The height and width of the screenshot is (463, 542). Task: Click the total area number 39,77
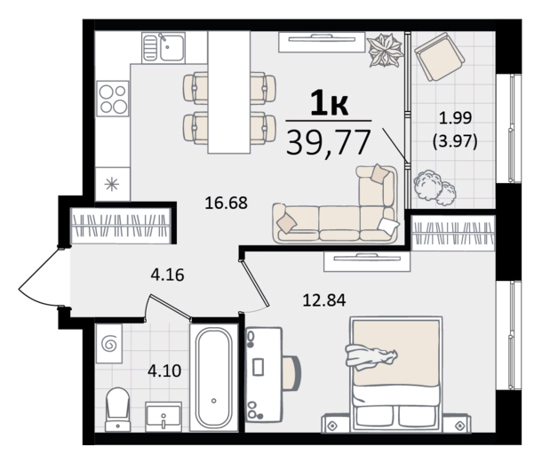[x=329, y=142]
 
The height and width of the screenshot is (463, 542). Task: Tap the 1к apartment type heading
[x=329, y=102]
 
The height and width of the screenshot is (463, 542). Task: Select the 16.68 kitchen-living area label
[x=226, y=203]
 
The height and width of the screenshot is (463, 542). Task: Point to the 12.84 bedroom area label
[x=324, y=300]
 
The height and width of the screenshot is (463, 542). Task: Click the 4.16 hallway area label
[x=167, y=275]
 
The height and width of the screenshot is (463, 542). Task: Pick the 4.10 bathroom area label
[x=164, y=371]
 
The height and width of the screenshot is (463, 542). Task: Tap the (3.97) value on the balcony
[x=455, y=142]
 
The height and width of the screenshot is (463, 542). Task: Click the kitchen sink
[x=163, y=47]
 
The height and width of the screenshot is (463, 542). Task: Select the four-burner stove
[x=113, y=99]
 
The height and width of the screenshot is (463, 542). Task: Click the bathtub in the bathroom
[x=213, y=378]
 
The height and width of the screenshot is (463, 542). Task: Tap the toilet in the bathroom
[x=117, y=409]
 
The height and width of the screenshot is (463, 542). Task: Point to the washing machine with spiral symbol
[x=109, y=343]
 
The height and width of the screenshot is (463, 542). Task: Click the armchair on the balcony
[x=439, y=57]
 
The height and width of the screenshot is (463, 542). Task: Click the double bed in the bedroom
[x=396, y=374]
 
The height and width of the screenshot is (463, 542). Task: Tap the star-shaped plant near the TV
[x=386, y=50]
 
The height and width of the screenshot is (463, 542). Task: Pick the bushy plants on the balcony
[x=434, y=188]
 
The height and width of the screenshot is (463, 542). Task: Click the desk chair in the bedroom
[x=291, y=373]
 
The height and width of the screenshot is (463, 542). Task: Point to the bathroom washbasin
[x=163, y=416]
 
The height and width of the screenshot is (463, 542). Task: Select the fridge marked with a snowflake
[x=112, y=184]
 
